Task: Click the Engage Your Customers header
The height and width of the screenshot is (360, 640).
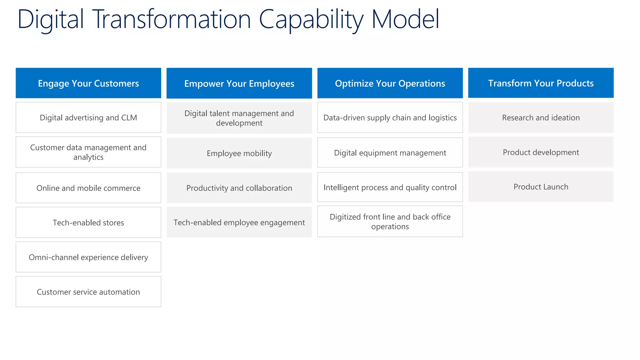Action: click(88, 83)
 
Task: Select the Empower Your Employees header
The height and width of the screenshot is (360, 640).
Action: click(239, 83)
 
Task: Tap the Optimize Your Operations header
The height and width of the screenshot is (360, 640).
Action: click(390, 83)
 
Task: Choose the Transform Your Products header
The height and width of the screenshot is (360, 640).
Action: click(541, 83)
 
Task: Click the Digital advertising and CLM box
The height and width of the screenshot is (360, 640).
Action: click(88, 117)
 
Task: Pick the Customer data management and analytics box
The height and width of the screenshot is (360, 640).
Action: click(88, 152)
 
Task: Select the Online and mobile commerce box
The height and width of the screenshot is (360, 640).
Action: click(88, 188)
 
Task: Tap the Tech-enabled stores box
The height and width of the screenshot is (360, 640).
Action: click(88, 222)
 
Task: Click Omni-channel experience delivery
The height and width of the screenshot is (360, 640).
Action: click(88, 257)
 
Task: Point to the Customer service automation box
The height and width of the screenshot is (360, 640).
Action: click(88, 292)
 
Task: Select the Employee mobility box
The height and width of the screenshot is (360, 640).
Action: click(239, 153)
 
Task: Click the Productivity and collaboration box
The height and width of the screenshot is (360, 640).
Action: click(239, 188)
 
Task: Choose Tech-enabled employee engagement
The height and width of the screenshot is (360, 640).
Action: click(239, 222)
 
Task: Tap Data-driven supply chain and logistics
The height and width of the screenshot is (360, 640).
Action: click(390, 117)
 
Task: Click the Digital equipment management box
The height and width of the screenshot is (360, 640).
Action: click(390, 152)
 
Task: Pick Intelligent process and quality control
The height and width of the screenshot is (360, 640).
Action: click(390, 187)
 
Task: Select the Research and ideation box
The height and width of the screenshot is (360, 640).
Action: click(541, 117)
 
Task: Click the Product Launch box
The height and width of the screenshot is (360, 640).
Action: click(541, 187)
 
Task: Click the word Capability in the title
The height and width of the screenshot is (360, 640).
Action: click(311, 19)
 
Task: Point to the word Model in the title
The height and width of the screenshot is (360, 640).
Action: click(405, 19)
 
